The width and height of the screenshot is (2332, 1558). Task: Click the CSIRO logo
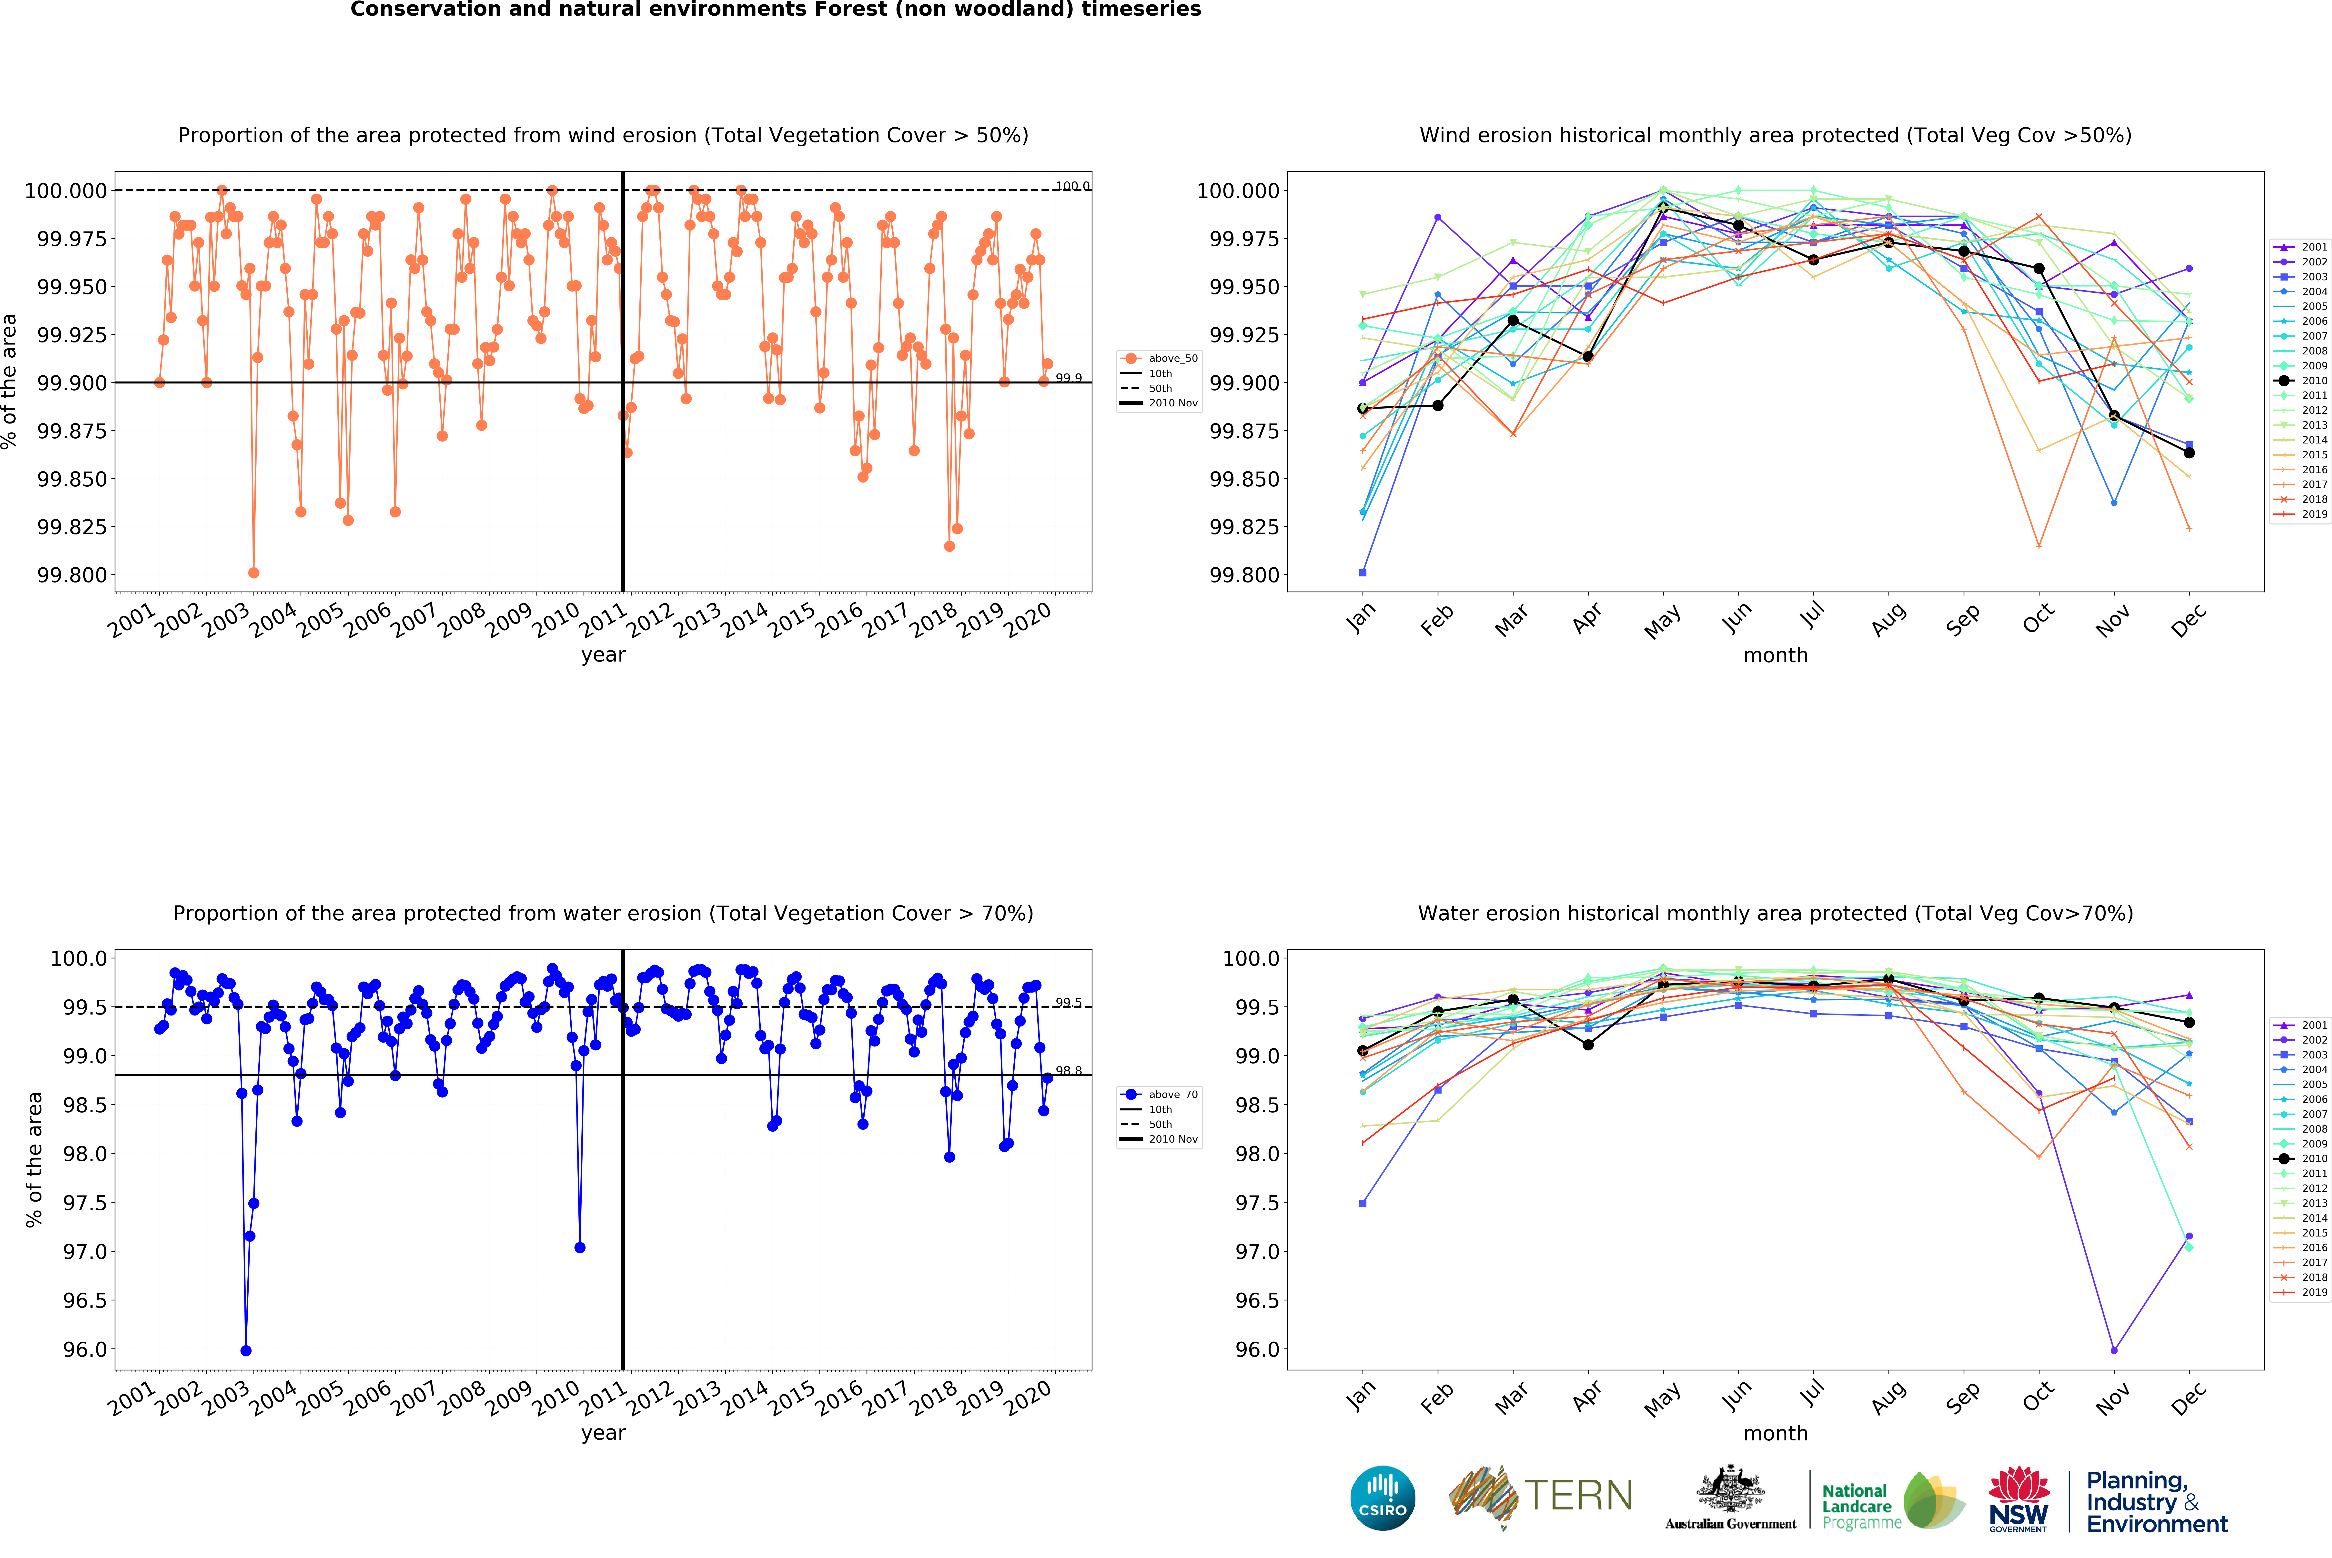1382,1498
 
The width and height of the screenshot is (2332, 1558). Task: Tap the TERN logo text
1578,1495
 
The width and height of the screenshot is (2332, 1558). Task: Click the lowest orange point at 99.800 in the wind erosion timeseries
253,572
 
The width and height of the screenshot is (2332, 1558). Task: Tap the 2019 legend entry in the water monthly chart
2301,1292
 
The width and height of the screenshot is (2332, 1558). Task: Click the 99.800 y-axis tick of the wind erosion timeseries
71,574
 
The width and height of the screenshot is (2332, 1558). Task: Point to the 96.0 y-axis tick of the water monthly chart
1257,1349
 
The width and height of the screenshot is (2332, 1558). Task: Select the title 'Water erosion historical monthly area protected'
1775,913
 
